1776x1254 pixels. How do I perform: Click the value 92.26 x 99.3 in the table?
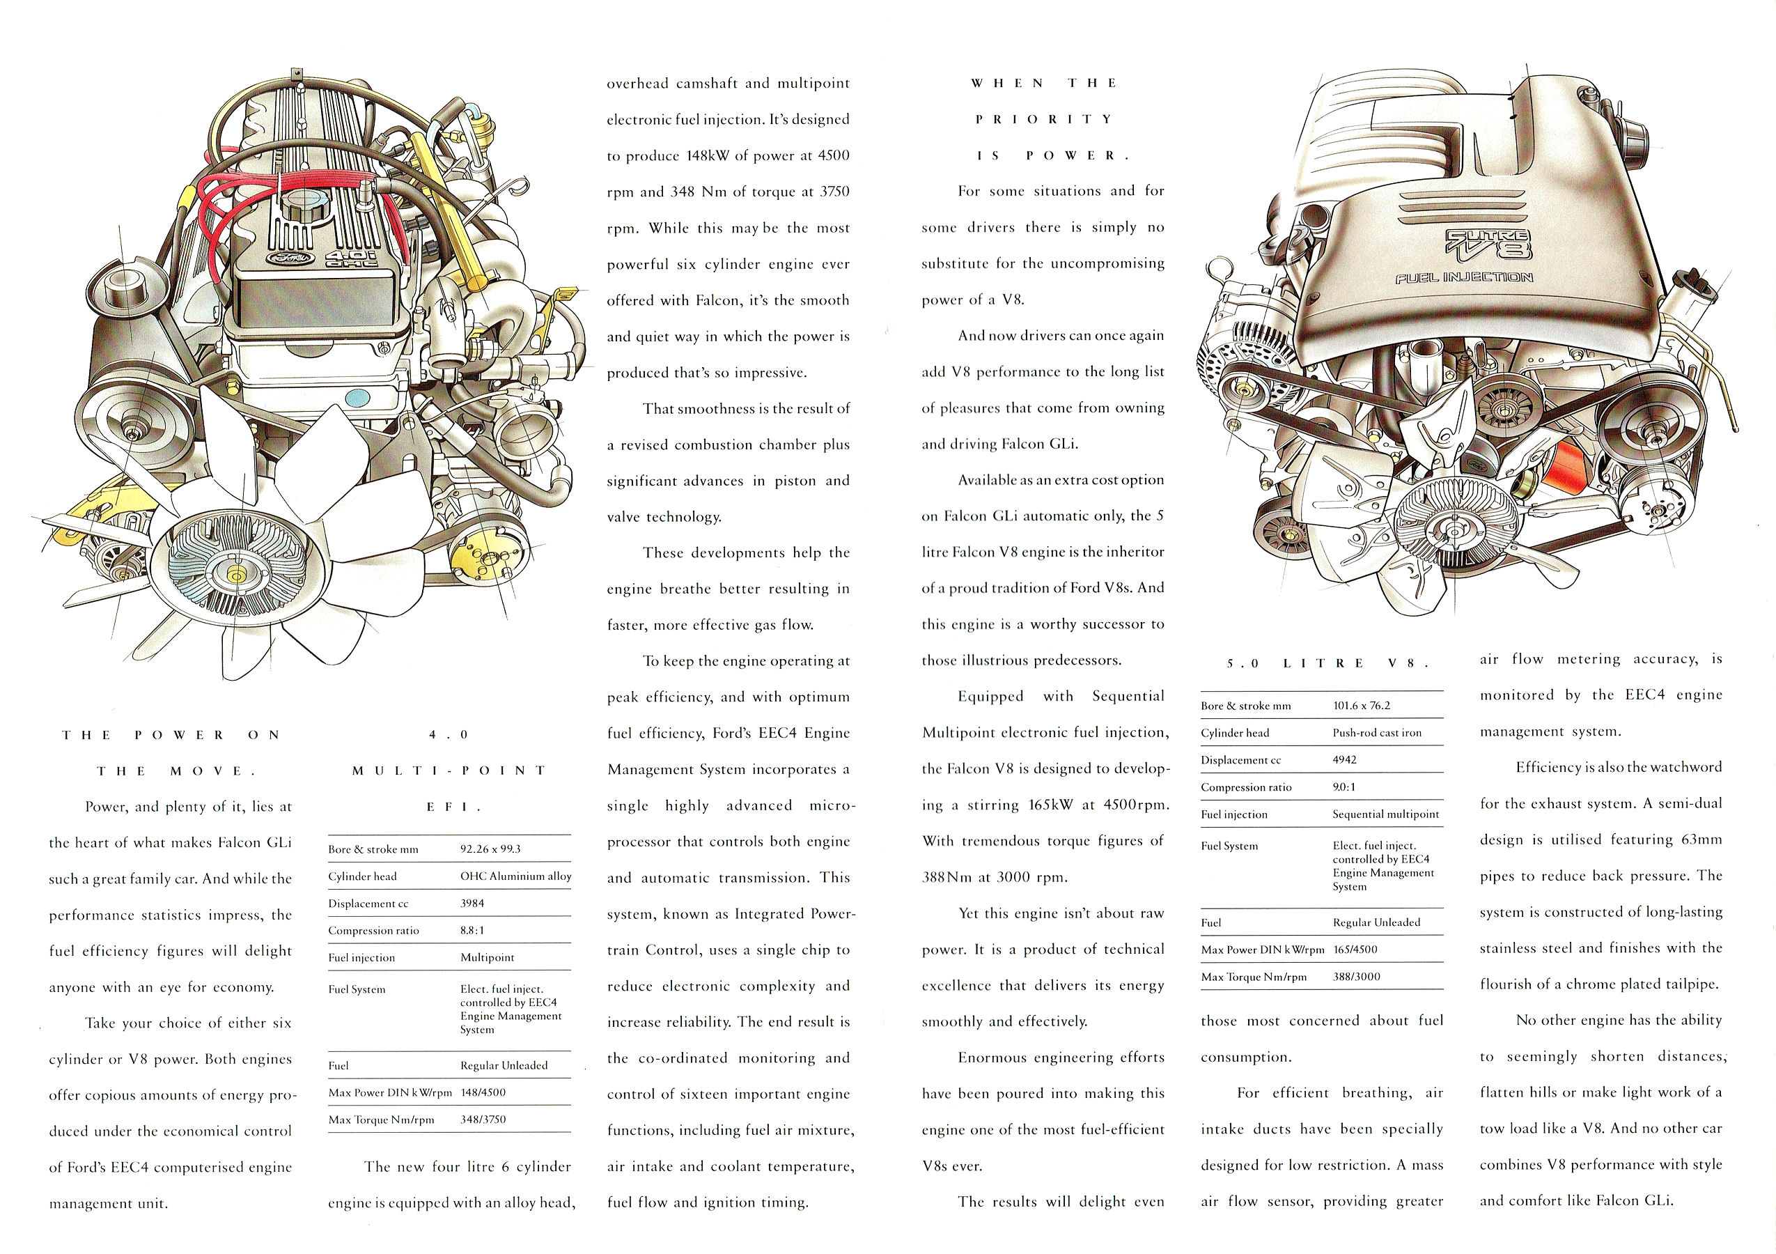(x=490, y=849)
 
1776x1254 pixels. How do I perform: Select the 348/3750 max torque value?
(x=484, y=1120)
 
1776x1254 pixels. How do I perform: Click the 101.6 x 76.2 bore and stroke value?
(x=1361, y=706)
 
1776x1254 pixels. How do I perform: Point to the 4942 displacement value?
(x=1344, y=759)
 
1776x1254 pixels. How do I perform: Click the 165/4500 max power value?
(x=1355, y=949)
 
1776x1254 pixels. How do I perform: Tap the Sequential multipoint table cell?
(x=1385, y=814)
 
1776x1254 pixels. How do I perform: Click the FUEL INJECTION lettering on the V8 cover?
(x=1464, y=277)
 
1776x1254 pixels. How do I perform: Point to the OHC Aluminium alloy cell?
(x=515, y=876)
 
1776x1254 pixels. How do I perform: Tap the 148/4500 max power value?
(x=483, y=1092)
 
